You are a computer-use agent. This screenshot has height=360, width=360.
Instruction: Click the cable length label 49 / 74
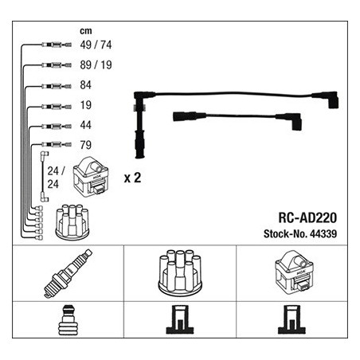[x=96, y=45]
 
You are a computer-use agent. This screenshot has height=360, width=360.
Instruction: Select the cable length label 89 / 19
[x=96, y=65]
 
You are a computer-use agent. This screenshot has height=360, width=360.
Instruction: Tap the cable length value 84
[x=86, y=85]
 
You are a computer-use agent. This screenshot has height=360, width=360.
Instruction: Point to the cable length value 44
[x=86, y=125]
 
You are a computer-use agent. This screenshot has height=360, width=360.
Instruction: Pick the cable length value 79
[x=86, y=145]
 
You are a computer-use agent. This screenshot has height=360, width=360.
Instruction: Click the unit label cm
[x=86, y=31]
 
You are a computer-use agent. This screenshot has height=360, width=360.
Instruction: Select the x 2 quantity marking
[x=132, y=178]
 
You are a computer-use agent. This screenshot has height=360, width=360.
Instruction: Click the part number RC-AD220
[x=307, y=217]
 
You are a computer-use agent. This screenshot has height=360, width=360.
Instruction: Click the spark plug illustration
[x=68, y=273]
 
